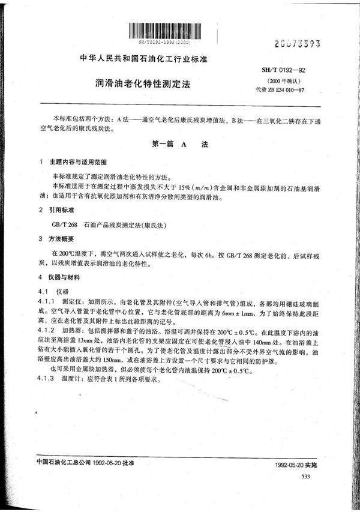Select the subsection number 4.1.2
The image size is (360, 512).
[x=46, y=331]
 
